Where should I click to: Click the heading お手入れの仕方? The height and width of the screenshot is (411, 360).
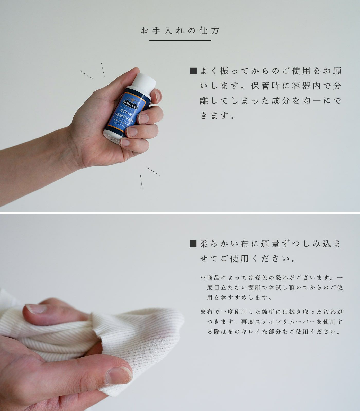click(180, 31)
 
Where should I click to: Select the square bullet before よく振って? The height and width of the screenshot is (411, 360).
click(193, 71)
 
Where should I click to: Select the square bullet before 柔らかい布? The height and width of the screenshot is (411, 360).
click(193, 244)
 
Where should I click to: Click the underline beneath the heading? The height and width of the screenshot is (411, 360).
click(180, 40)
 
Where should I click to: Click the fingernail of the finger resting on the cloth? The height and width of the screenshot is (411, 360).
click(36, 309)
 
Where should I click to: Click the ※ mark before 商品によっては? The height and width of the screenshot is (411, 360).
click(203, 278)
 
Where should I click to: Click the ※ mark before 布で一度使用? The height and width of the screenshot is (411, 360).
click(203, 312)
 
